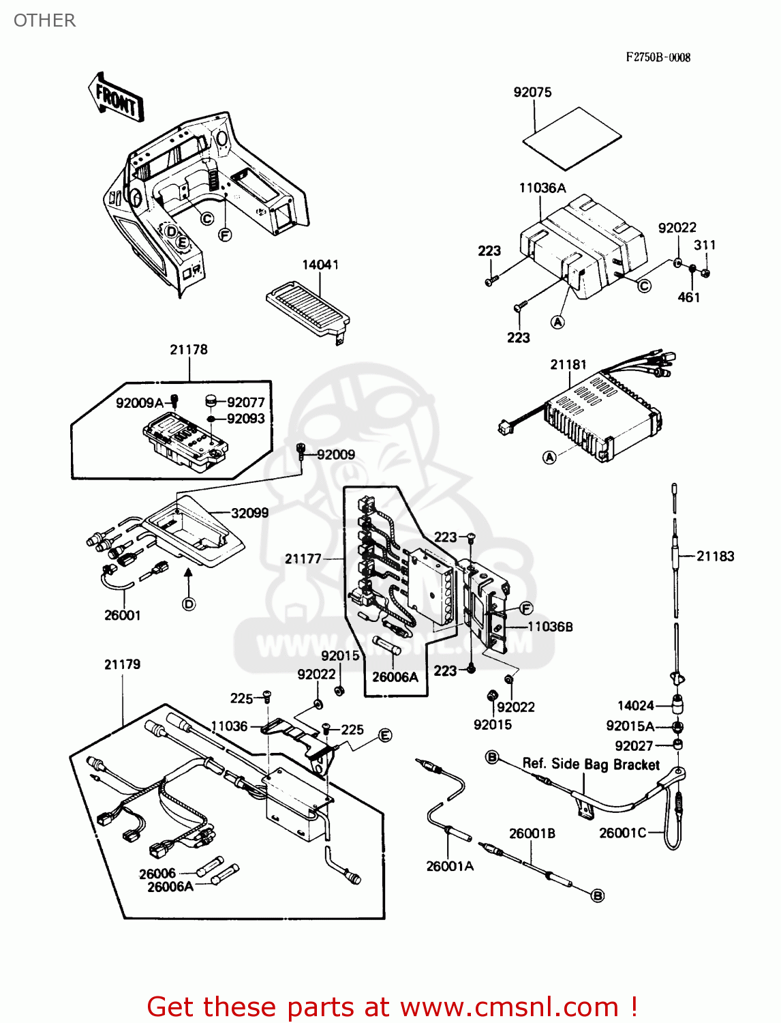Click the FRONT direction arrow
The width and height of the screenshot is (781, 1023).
pos(116,98)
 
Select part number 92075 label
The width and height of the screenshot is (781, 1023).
pos(532,92)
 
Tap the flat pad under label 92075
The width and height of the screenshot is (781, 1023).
pos(572,138)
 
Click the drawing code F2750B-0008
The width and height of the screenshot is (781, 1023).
pos(658,57)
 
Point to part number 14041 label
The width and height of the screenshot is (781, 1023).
pos(320,265)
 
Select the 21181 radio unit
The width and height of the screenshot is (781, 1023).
pos(600,416)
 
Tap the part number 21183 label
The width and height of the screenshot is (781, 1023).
pos(715,556)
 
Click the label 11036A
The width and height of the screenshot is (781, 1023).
pos(542,188)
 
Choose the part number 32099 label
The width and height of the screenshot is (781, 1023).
pos(249,513)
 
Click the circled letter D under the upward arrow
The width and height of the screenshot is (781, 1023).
pos(189,604)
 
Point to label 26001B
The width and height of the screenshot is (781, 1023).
pos(532,833)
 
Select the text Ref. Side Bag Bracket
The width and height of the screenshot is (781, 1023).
pos(591,764)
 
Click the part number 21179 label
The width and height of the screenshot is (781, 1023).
pos(122,664)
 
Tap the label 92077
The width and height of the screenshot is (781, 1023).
pos(245,402)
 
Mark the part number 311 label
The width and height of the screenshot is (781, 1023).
pos(705,245)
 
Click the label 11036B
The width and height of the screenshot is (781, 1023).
pos(550,626)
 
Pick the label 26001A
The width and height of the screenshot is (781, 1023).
pos(450,866)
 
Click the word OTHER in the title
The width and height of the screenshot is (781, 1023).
pos(45,20)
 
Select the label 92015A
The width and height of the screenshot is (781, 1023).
pos(630,726)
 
